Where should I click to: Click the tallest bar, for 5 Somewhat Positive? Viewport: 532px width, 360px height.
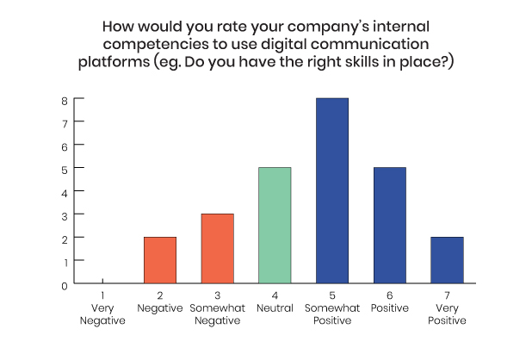(332, 190)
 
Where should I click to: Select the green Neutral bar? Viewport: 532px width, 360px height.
(275, 226)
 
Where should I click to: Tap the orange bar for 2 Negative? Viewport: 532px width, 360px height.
(160, 260)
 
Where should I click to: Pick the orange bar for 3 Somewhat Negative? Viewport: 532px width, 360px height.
(218, 249)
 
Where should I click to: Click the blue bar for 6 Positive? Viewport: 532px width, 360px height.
(390, 226)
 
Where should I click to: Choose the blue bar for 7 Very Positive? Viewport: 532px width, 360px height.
(447, 260)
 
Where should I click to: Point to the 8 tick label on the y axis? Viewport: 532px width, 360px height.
(65, 101)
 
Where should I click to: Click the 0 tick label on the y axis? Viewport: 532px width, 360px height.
(65, 287)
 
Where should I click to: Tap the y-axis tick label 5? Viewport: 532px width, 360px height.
(65, 170)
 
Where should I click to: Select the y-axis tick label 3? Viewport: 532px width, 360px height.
(65, 216)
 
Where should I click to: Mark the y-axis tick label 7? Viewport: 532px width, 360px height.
(65, 124)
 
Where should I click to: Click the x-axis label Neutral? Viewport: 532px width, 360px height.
(275, 308)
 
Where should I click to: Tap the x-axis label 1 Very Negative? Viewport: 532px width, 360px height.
(102, 308)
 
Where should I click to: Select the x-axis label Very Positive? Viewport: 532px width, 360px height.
(447, 314)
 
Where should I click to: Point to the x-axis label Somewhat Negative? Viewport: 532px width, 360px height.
(218, 314)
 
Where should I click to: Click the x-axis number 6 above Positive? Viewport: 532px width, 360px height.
(390, 295)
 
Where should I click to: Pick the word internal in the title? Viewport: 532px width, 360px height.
(401, 27)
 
